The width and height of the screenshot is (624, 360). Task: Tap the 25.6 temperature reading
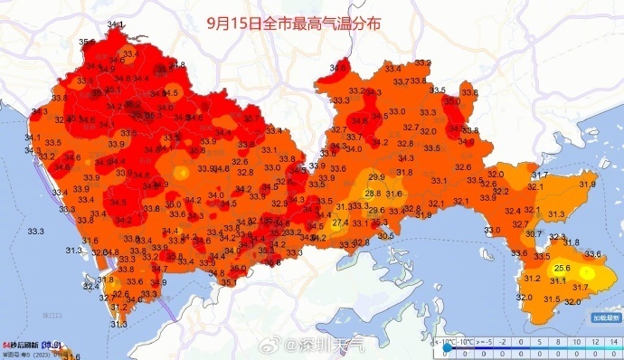tap(561, 268)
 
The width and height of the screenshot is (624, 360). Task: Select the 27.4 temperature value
tap(340, 223)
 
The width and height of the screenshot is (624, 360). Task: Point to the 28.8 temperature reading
tap(373, 194)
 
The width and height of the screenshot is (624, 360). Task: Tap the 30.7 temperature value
tap(534, 233)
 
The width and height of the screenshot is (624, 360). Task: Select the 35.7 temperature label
tap(251, 118)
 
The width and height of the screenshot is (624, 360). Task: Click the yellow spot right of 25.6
tap(587, 271)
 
